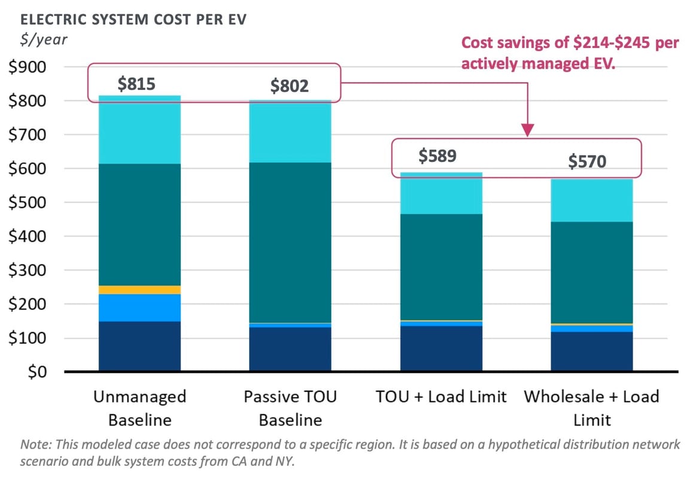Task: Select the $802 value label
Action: (289, 86)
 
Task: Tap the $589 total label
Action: (437, 156)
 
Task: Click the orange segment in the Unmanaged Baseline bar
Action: (139, 290)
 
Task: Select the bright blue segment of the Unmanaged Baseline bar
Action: (139, 307)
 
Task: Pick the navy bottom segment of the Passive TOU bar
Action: (290, 349)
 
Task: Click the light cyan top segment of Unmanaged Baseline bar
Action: (139, 130)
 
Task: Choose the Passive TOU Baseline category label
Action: (290, 408)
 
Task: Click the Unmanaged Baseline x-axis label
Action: (139, 408)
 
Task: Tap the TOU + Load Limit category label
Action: (441, 397)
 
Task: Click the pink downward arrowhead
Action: (527, 130)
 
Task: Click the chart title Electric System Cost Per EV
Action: (133, 19)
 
